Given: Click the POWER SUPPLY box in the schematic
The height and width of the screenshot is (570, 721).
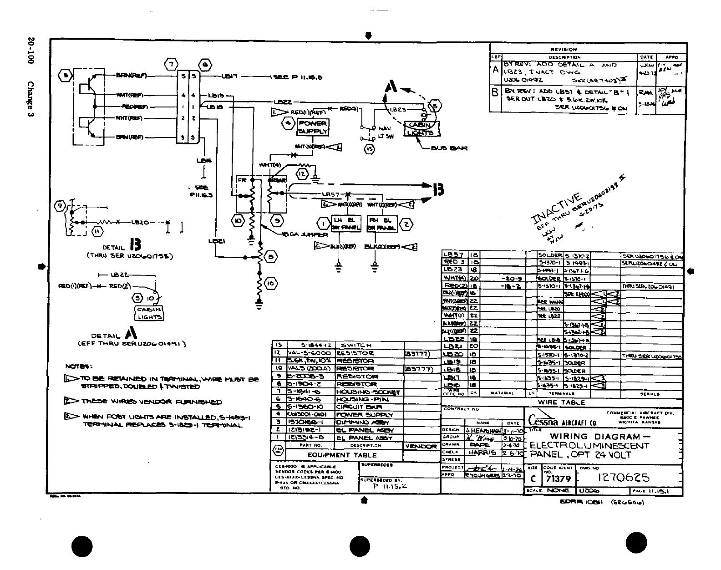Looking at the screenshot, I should click(x=312, y=127).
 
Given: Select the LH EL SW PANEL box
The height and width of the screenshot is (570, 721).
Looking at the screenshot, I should click(x=346, y=224).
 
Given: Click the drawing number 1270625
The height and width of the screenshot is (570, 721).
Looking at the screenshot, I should click(x=624, y=478).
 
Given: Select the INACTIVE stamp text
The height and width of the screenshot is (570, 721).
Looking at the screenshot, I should click(x=556, y=209).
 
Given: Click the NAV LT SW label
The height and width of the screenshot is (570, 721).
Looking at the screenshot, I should click(x=385, y=132).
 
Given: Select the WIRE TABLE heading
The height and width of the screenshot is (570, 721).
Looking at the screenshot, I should click(x=561, y=402).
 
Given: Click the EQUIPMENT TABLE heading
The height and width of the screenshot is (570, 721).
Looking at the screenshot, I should click(x=342, y=455).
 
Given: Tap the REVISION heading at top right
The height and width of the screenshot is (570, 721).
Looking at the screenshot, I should click(x=564, y=49).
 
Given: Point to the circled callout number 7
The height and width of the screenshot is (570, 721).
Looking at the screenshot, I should click(x=171, y=65).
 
